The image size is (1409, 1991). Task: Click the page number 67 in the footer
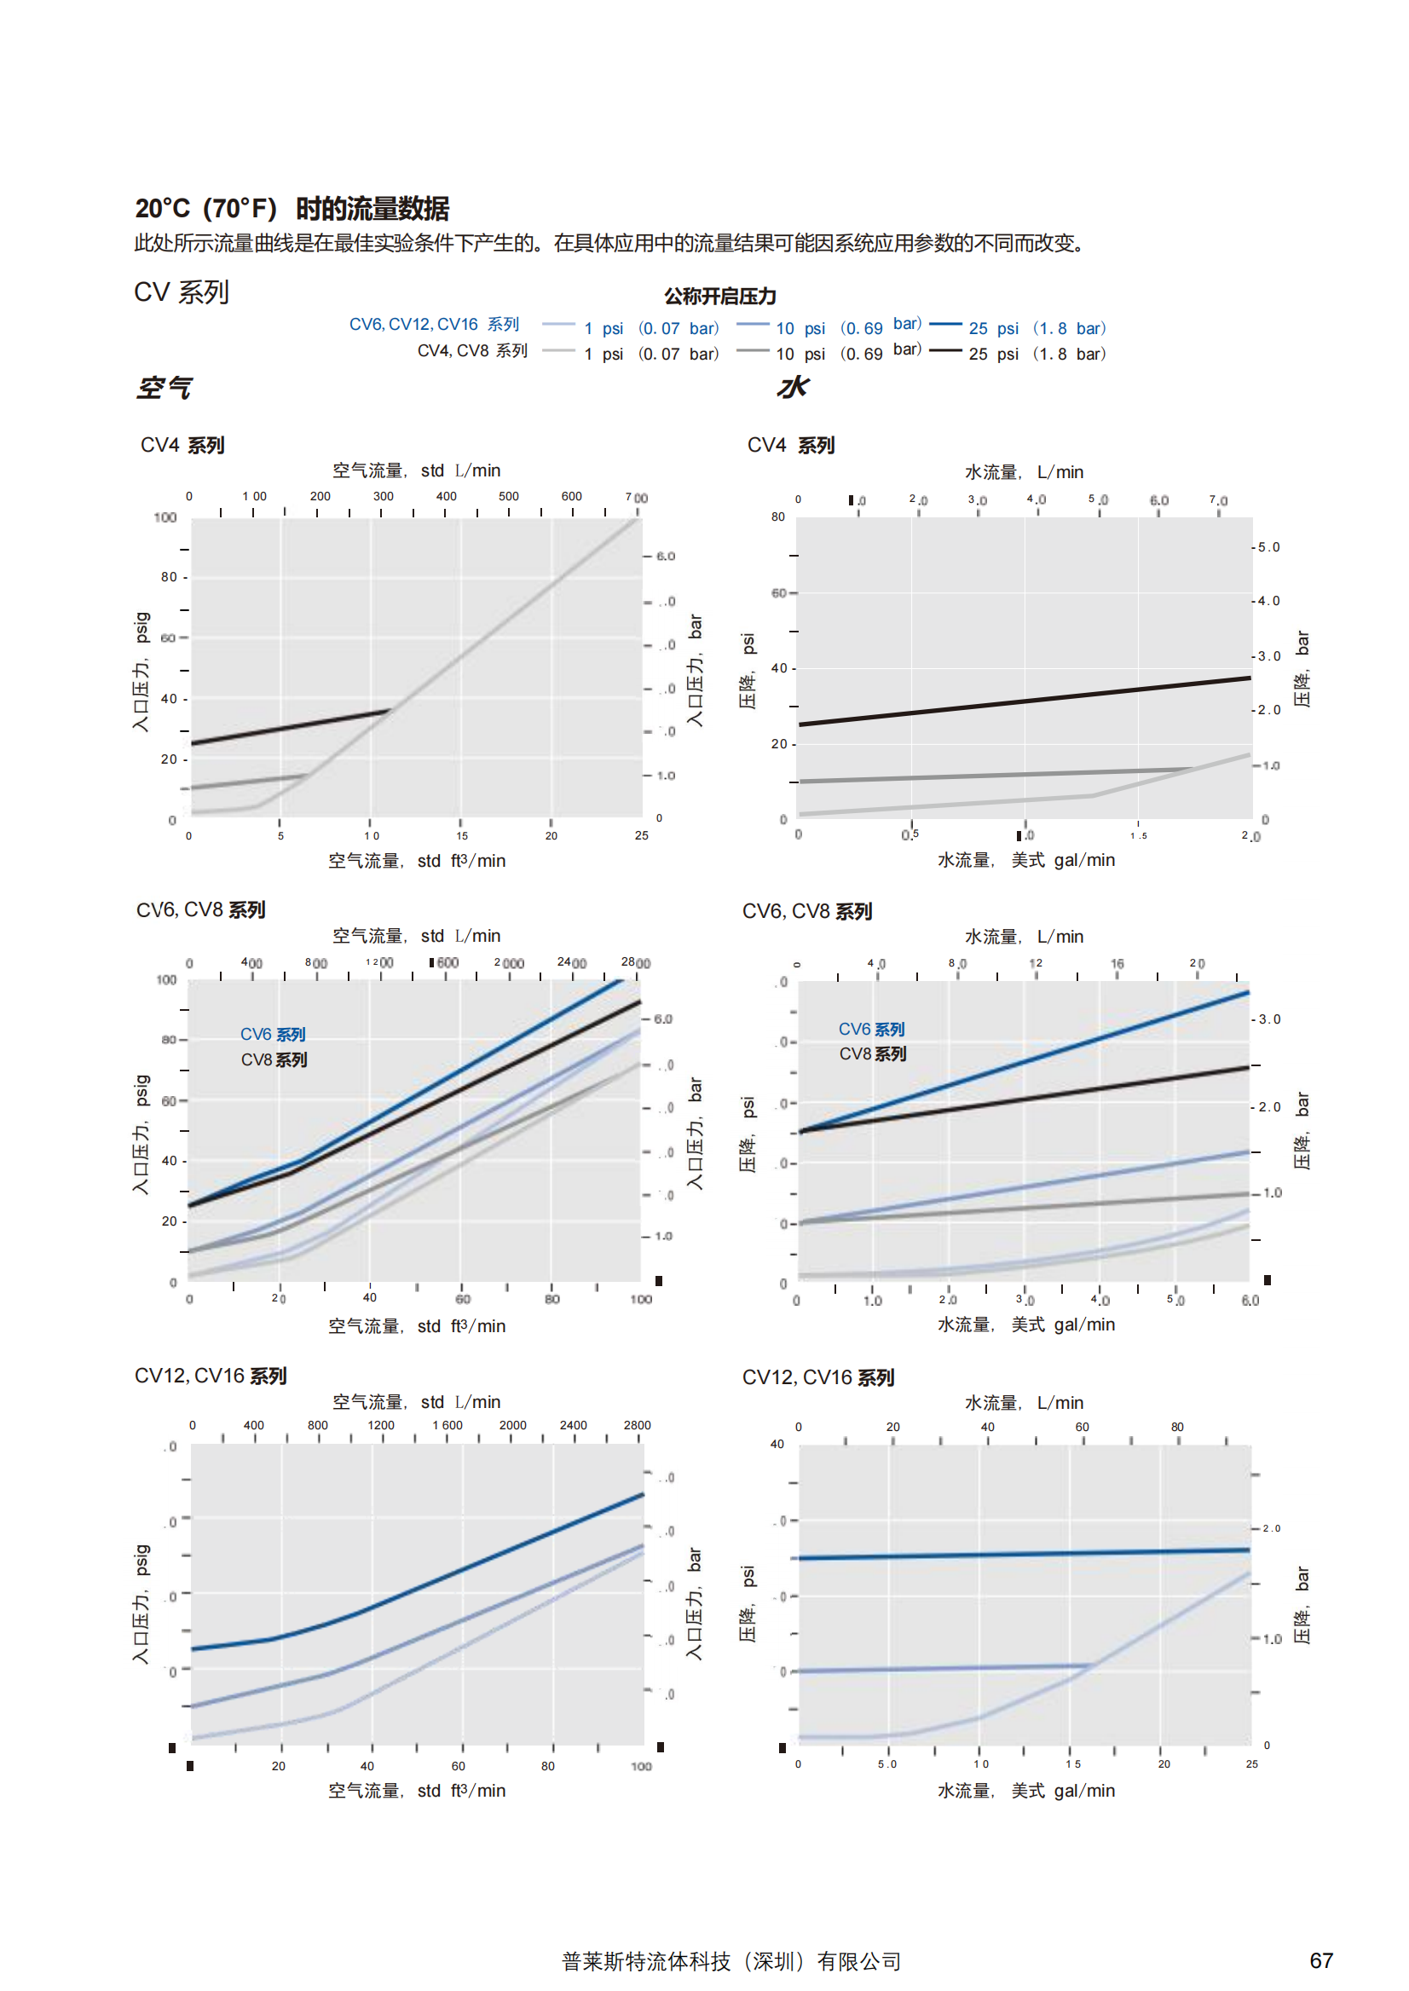point(1320,1960)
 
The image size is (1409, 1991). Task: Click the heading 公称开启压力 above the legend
point(719,297)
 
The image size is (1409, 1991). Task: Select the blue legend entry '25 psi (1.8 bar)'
point(1036,328)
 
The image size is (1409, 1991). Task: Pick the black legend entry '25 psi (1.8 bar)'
point(1036,354)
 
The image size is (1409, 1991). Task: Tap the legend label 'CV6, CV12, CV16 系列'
point(434,325)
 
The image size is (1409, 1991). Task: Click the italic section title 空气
point(163,388)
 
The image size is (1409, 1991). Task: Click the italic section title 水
point(792,387)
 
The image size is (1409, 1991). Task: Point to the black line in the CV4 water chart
point(1024,701)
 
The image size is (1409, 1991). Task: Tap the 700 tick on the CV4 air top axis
point(636,498)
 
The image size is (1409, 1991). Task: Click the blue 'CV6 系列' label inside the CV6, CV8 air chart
point(273,1034)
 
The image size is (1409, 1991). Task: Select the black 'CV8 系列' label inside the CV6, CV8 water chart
point(872,1054)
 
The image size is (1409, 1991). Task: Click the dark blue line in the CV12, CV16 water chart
point(1024,1555)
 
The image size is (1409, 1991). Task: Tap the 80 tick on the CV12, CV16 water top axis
point(1176,1427)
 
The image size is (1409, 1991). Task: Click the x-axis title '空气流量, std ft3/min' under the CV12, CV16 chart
point(417,1791)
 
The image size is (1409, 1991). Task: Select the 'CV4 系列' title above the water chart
point(790,445)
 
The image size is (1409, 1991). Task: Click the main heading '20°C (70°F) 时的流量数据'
point(292,208)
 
